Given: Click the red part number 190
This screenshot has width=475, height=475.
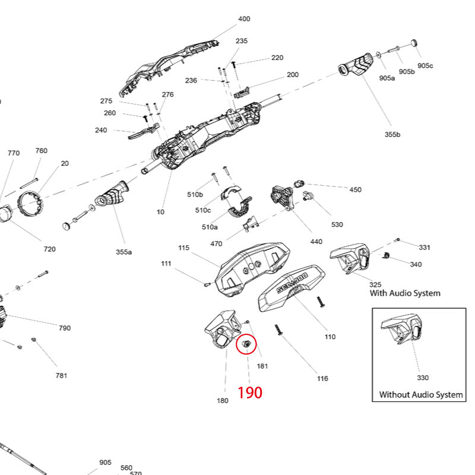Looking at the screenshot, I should tap(250, 392).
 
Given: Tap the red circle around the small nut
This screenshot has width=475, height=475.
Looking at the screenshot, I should tap(246, 344).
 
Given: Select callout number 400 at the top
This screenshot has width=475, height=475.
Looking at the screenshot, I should tap(244, 19).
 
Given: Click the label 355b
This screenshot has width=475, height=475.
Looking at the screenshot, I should tap(392, 135).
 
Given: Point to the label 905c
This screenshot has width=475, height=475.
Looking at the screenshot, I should tap(425, 66).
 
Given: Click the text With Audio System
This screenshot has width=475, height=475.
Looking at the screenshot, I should tap(405, 293).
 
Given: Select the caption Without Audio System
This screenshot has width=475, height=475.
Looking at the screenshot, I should tap(421, 395).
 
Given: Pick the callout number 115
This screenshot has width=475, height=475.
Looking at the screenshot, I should tap(183, 248).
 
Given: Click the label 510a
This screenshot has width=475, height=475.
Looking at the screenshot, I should tap(210, 227).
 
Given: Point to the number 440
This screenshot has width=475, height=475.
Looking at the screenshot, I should tap(316, 242).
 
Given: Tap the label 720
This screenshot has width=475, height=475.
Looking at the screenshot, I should tap(50, 249).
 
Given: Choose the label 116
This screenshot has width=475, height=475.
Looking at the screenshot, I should tap(322, 378).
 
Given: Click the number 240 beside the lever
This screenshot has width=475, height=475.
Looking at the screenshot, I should tap(101, 130).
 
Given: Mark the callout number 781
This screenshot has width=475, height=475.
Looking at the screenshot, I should tap(61, 375).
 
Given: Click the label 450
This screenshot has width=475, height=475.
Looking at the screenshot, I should tap(355, 190).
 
